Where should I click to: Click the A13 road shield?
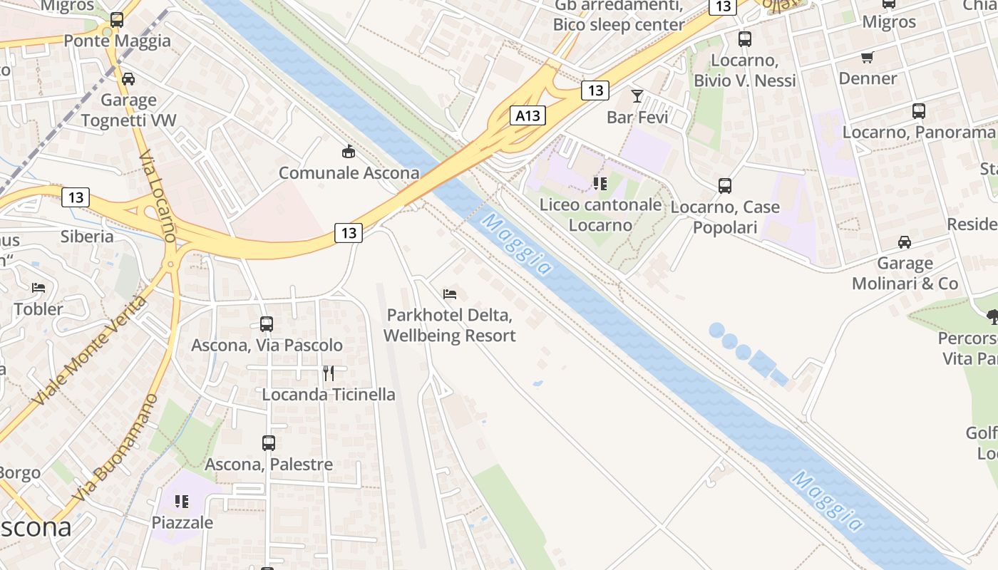point(528,115)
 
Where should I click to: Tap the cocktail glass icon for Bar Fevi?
point(637,96)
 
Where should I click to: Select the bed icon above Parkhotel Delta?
point(449,294)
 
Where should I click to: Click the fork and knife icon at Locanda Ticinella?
point(329,373)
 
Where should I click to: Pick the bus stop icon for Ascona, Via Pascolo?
point(267,324)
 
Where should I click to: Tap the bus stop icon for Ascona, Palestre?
point(269,443)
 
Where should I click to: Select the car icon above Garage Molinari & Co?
point(905,242)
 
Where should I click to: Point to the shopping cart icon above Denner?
point(868,57)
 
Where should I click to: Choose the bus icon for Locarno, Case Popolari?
point(725,186)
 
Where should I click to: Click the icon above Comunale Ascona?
point(348,152)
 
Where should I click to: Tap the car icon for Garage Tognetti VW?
point(128,79)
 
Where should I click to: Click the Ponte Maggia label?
point(118,41)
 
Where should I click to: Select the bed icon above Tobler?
point(38,288)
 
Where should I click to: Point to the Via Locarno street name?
point(158,196)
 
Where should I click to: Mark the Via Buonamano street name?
point(115,447)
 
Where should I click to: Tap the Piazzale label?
point(182,522)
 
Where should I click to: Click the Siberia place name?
point(87,236)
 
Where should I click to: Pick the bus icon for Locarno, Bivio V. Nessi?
point(745,39)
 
